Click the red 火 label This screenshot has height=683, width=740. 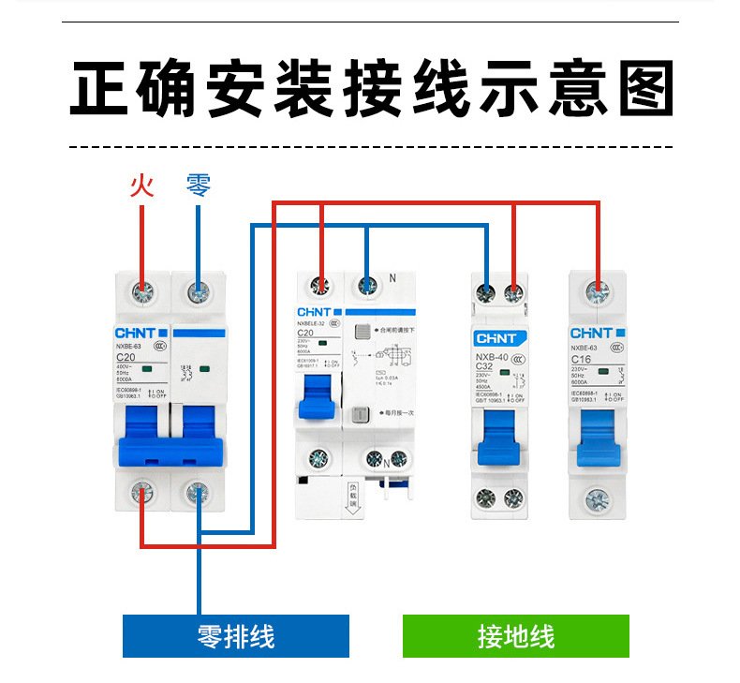click(x=141, y=185)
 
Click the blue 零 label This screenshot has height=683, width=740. click(x=199, y=185)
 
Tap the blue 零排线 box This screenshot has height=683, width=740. click(x=236, y=636)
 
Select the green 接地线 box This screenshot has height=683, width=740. click(x=515, y=636)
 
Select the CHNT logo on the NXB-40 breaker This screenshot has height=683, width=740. click(x=497, y=339)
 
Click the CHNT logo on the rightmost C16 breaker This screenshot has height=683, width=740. click(x=591, y=333)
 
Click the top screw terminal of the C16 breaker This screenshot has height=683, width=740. click(x=599, y=292)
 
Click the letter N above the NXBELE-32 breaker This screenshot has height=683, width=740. click(x=392, y=278)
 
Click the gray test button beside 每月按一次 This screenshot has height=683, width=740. click(x=360, y=416)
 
